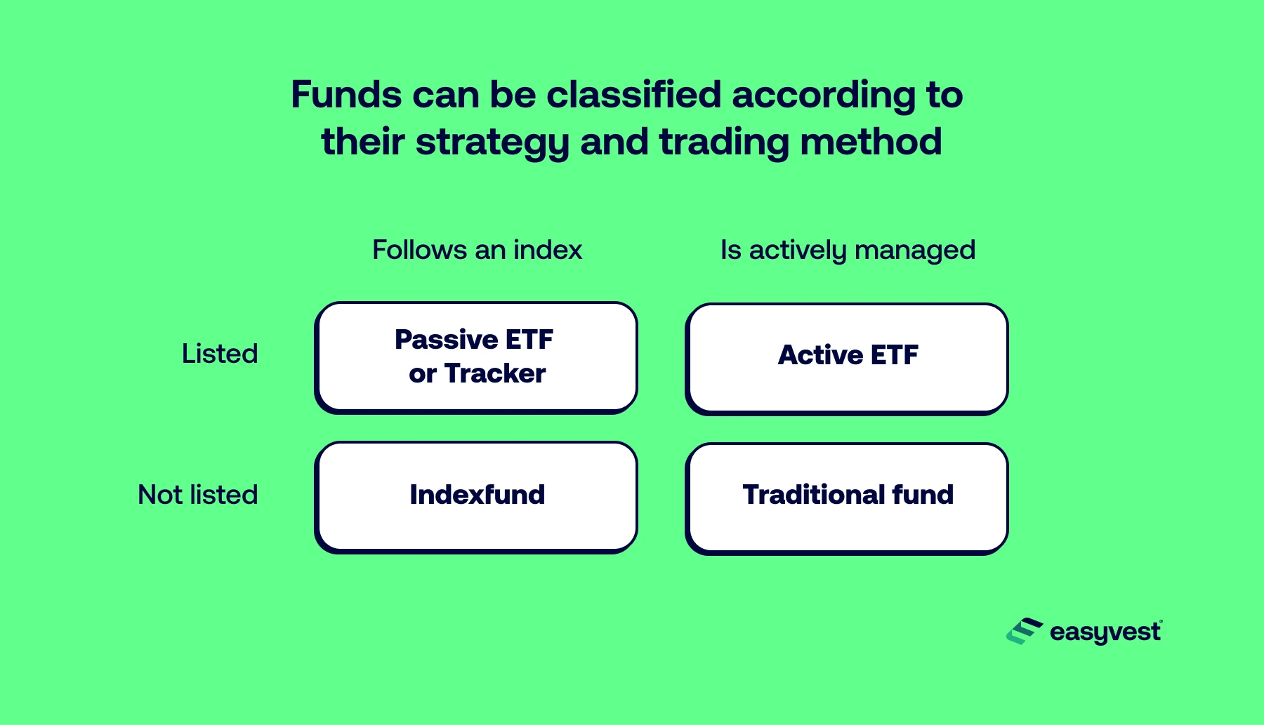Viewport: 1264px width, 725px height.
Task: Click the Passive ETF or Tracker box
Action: (476, 357)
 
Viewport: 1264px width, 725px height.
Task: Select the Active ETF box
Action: (847, 359)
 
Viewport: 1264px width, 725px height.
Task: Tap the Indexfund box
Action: (476, 497)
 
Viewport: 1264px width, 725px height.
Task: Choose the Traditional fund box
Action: (847, 498)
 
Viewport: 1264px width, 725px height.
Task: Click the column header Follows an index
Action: (478, 250)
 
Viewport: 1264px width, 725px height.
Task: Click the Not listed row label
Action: (198, 495)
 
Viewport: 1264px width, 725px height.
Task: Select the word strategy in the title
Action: (492, 143)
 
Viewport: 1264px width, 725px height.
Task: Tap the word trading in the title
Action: (724, 143)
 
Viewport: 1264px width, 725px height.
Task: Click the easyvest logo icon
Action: (1025, 631)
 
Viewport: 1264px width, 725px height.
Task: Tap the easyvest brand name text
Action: (1106, 632)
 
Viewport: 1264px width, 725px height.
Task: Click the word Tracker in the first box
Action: (495, 373)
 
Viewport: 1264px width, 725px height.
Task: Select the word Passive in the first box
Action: (446, 340)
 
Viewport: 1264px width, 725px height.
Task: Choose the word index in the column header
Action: (548, 250)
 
